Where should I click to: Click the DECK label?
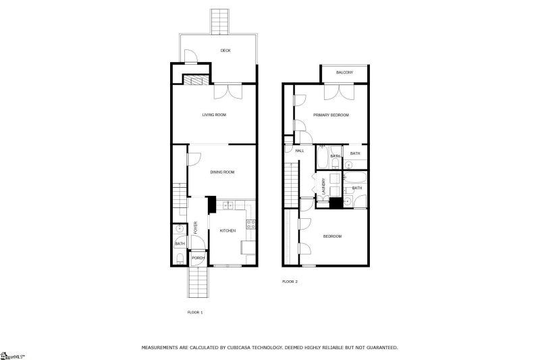(x=225, y=51)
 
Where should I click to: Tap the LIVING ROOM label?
(x=214, y=115)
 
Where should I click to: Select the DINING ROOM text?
(x=222, y=172)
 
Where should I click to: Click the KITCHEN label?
(x=227, y=231)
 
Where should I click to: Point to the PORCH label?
(x=198, y=258)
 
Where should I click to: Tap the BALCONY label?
(x=344, y=72)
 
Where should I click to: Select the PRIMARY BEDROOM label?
(x=331, y=115)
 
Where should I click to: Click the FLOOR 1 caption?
(x=194, y=313)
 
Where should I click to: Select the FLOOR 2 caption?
(x=290, y=282)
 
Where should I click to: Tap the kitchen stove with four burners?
(x=250, y=225)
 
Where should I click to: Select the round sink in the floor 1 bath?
(x=180, y=230)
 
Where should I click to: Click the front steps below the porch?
(x=198, y=280)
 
